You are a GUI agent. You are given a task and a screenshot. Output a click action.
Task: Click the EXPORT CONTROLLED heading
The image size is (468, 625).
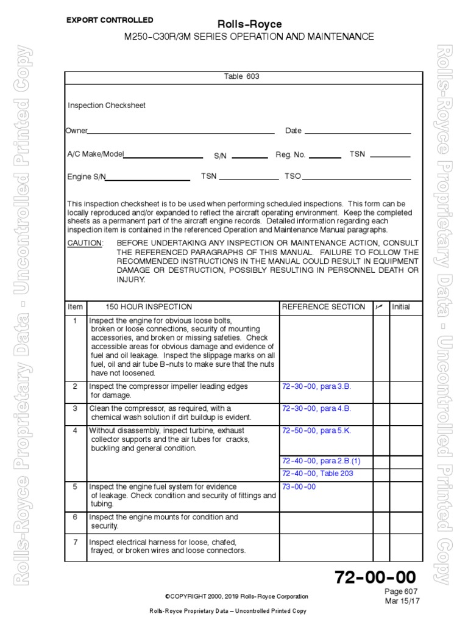pyautogui.click(x=110, y=20)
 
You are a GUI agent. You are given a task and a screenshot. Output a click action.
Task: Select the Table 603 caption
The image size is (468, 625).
pyautogui.click(x=243, y=77)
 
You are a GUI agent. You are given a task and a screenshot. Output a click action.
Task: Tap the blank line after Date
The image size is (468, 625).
pyautogui.click(x=358, y=132)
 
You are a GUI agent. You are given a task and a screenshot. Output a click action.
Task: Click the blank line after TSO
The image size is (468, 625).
pyautogui.click(x=356, y=179)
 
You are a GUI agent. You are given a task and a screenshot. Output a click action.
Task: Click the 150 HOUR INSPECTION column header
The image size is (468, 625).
pyautogui.click(x=149, y=307)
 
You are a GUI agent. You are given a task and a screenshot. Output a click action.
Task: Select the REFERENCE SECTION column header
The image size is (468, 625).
pyautogui.click(x=324, y=307)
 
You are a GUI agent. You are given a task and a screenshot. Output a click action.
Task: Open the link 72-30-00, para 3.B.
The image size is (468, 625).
pyautogui.click(x=317, y=387)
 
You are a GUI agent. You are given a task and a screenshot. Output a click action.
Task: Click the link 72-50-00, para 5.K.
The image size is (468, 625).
pyautogui.click(x=317, y=430)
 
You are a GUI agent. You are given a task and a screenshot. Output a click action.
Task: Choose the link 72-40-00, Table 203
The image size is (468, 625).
pyautogui.click(x=317, y=473)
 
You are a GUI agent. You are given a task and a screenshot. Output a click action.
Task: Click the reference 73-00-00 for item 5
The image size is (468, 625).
pyautogui.click(x=299, y=486)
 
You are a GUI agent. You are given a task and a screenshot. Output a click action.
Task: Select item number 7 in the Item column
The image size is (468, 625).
pyautogui.click(x=76, y=542)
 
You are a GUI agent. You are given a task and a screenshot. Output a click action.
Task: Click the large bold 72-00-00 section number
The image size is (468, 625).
pyautogui.click(x=375, y=577)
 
